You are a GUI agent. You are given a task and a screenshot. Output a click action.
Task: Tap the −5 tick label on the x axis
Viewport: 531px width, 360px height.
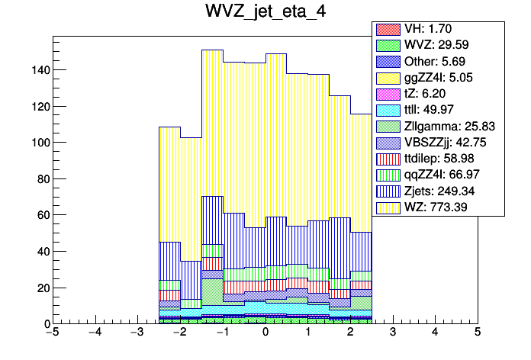tap(52, 333)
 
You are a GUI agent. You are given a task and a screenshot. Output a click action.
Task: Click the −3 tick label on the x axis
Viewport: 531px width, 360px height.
tap(137, 333)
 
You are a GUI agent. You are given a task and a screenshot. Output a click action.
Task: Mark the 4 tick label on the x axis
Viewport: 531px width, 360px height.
tap(435, 333)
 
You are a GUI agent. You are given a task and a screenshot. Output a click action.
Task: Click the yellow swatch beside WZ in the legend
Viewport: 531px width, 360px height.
tap(386, 207)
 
